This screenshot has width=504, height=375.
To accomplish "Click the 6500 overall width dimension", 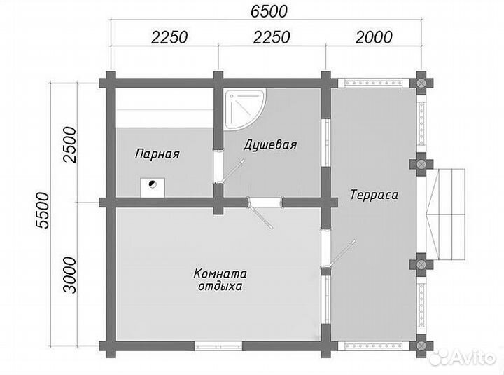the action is (x=269, y=12).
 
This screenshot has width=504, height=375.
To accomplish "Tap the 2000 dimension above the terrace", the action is (x=374, y=37).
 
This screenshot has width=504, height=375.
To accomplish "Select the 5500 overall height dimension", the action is (x=43, y=210).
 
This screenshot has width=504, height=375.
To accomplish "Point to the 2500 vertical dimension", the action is (x=71, y=145).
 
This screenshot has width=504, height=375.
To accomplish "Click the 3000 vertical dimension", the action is (x=71, y=275).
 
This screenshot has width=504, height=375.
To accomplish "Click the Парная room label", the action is (x=157, y=154).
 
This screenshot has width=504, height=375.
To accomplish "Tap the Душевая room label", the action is (x=270, y=144).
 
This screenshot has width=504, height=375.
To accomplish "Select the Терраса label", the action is (x=374, y=195).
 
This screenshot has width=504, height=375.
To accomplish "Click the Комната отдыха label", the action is (x=220, y=280).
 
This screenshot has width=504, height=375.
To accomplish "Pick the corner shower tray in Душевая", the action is (x=244, y=109).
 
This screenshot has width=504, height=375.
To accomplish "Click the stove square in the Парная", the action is (x=153, y=188).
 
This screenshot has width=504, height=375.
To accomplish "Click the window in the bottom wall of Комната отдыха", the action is (x=218, y=346).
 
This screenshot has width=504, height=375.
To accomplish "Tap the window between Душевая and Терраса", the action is (x=326, y=143).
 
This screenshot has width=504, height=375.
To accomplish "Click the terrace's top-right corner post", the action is (x=421, y=83).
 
